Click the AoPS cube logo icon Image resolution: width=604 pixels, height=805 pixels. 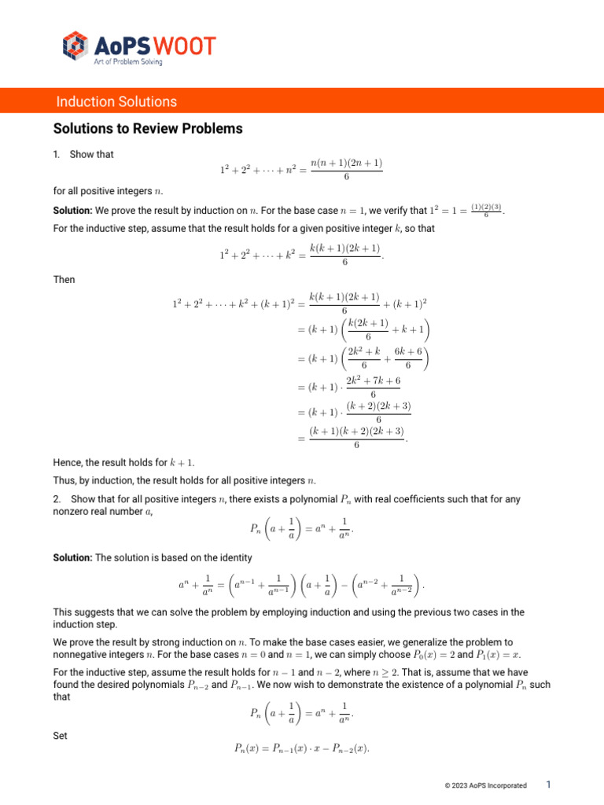click(74, 46)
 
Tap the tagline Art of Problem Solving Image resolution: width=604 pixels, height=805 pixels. click(128, 62)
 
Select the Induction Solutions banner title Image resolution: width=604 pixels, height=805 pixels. click(116, 101)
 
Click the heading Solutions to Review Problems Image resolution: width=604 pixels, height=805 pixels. click(148, 128)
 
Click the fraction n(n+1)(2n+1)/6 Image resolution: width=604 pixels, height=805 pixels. click(346, 170)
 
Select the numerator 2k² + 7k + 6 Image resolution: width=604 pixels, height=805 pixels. click(373, 380)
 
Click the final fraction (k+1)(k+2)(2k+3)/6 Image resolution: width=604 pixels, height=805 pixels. click(356, 438)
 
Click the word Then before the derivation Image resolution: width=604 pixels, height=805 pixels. click(64, 279)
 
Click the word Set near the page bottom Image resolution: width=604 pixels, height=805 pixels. click(60, 736)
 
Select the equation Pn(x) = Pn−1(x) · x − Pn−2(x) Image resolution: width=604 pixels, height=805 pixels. click(301, 749)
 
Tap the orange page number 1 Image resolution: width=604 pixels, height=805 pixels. click(548, 785)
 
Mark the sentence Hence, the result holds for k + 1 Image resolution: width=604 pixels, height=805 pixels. click(123, 464)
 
